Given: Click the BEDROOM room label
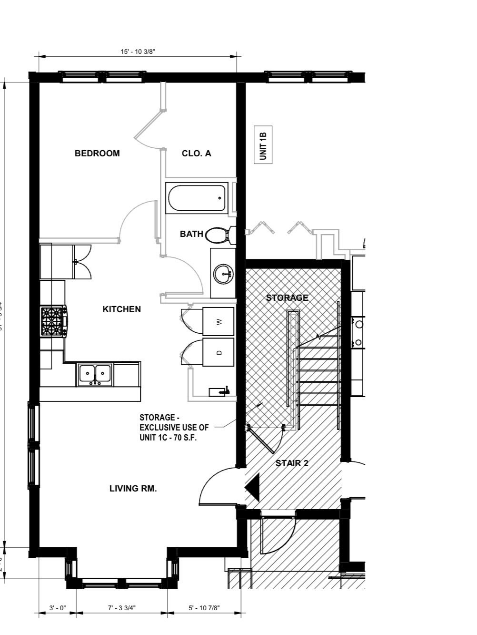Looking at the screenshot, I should [97, 154].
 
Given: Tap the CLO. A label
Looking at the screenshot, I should [196, 154].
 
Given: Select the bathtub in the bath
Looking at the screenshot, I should [197, 198].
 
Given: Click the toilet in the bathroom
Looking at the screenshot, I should [219, 235].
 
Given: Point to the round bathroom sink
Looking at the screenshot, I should [223, 274].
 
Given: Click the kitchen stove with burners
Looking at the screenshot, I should [53, 321].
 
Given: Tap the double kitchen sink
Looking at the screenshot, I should [95, 374].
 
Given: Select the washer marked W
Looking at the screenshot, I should [219, 322].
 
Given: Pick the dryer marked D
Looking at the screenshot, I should [219, 352].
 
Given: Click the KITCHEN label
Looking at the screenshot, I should [121, 309].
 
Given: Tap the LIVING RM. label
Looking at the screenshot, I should [133, 489].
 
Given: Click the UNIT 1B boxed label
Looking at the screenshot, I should [263, 144].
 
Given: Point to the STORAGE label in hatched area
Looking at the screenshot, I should [287, 298].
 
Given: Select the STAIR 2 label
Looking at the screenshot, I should [292, 463].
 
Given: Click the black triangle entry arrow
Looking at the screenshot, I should [253, 488].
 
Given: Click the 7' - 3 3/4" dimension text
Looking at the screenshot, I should [122, 608].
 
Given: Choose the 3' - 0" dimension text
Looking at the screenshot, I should [58, 608].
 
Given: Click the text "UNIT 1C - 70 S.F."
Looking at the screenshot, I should [168, 438].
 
